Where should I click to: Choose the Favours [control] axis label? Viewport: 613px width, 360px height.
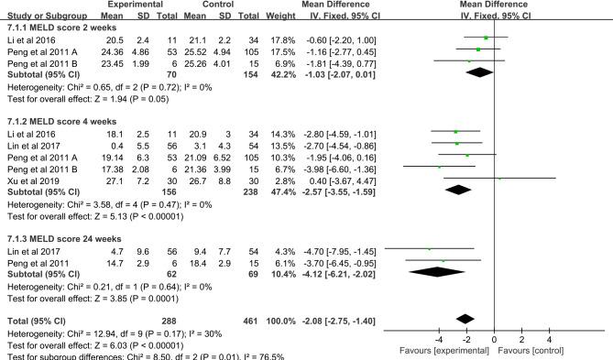[x=542, y=350]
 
